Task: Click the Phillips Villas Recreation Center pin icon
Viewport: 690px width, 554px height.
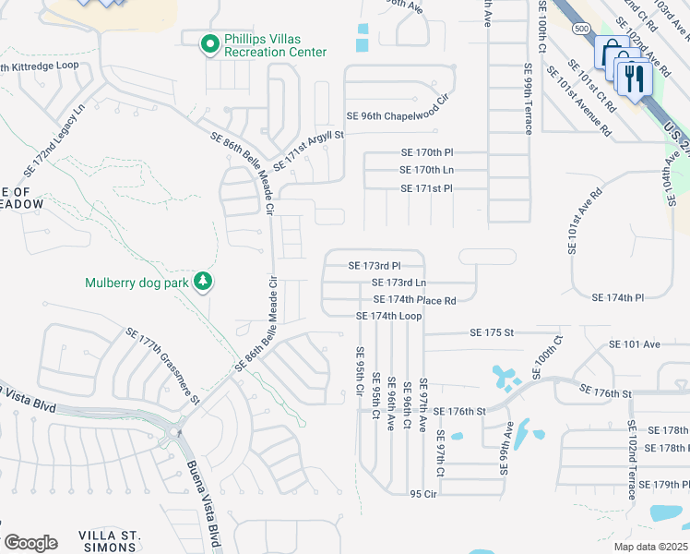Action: point(210,42)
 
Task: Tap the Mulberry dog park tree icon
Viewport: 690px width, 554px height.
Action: point(202,283)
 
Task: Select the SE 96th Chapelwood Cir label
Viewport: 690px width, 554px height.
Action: point(402,116)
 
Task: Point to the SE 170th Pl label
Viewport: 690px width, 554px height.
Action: point(428,151)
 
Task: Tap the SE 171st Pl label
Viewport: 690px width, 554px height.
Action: point(427,188)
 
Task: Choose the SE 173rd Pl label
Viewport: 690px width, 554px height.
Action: point(375,265)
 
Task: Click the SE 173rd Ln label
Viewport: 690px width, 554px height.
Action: point(399,283)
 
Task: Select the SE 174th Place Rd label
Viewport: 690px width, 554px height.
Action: point(415,300)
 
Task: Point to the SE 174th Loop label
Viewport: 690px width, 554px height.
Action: point(389,316)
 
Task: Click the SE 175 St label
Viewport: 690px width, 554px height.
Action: point(491,331)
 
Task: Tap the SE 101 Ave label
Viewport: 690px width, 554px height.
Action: point(635,344)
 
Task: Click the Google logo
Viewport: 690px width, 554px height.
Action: point(30,543)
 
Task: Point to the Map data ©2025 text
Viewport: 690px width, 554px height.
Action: point(650,547)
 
